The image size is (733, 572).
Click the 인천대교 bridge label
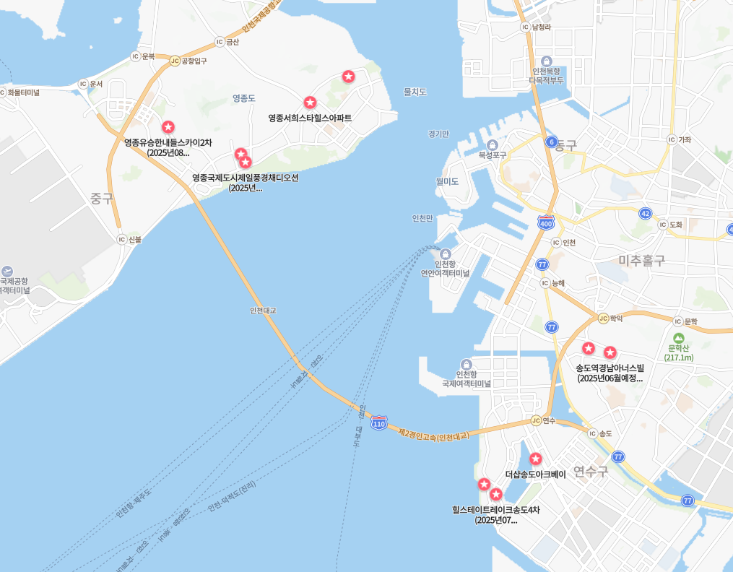tap(263, 311)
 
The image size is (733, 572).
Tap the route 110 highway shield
tap(378, 423)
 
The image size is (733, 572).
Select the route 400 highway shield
tap(546, 223)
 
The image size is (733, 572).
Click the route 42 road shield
tap(645, 213)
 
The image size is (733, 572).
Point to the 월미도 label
tap(447, 181)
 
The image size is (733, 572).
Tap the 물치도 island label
tap(415, 92)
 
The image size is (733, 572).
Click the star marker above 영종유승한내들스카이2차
tap(168, 127)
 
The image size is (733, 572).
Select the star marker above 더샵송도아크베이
tap(535, 459)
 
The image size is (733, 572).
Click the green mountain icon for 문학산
tap(678, 338)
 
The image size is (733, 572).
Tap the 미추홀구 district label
tap(642, 261)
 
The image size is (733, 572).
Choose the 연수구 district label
tap(590, 472)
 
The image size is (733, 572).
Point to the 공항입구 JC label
tap(194, 61)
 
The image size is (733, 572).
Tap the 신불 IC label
tap(134, 239)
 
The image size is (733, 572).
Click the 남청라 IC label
tap(541, 27)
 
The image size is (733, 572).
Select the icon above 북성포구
tap(493, 144)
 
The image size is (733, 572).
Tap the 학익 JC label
tap(615, 318)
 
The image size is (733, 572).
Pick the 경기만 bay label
tap(438, 134)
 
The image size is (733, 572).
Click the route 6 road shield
tap(552, 142)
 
